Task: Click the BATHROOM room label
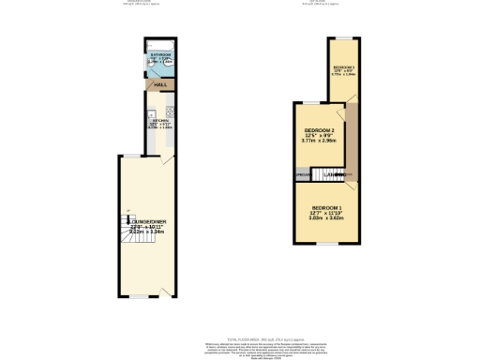click(160, 55)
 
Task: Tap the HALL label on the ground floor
click(160, 85)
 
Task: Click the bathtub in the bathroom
click(160, 44)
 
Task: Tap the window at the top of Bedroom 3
click(344, 37)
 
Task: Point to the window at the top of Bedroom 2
click(310, 101)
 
